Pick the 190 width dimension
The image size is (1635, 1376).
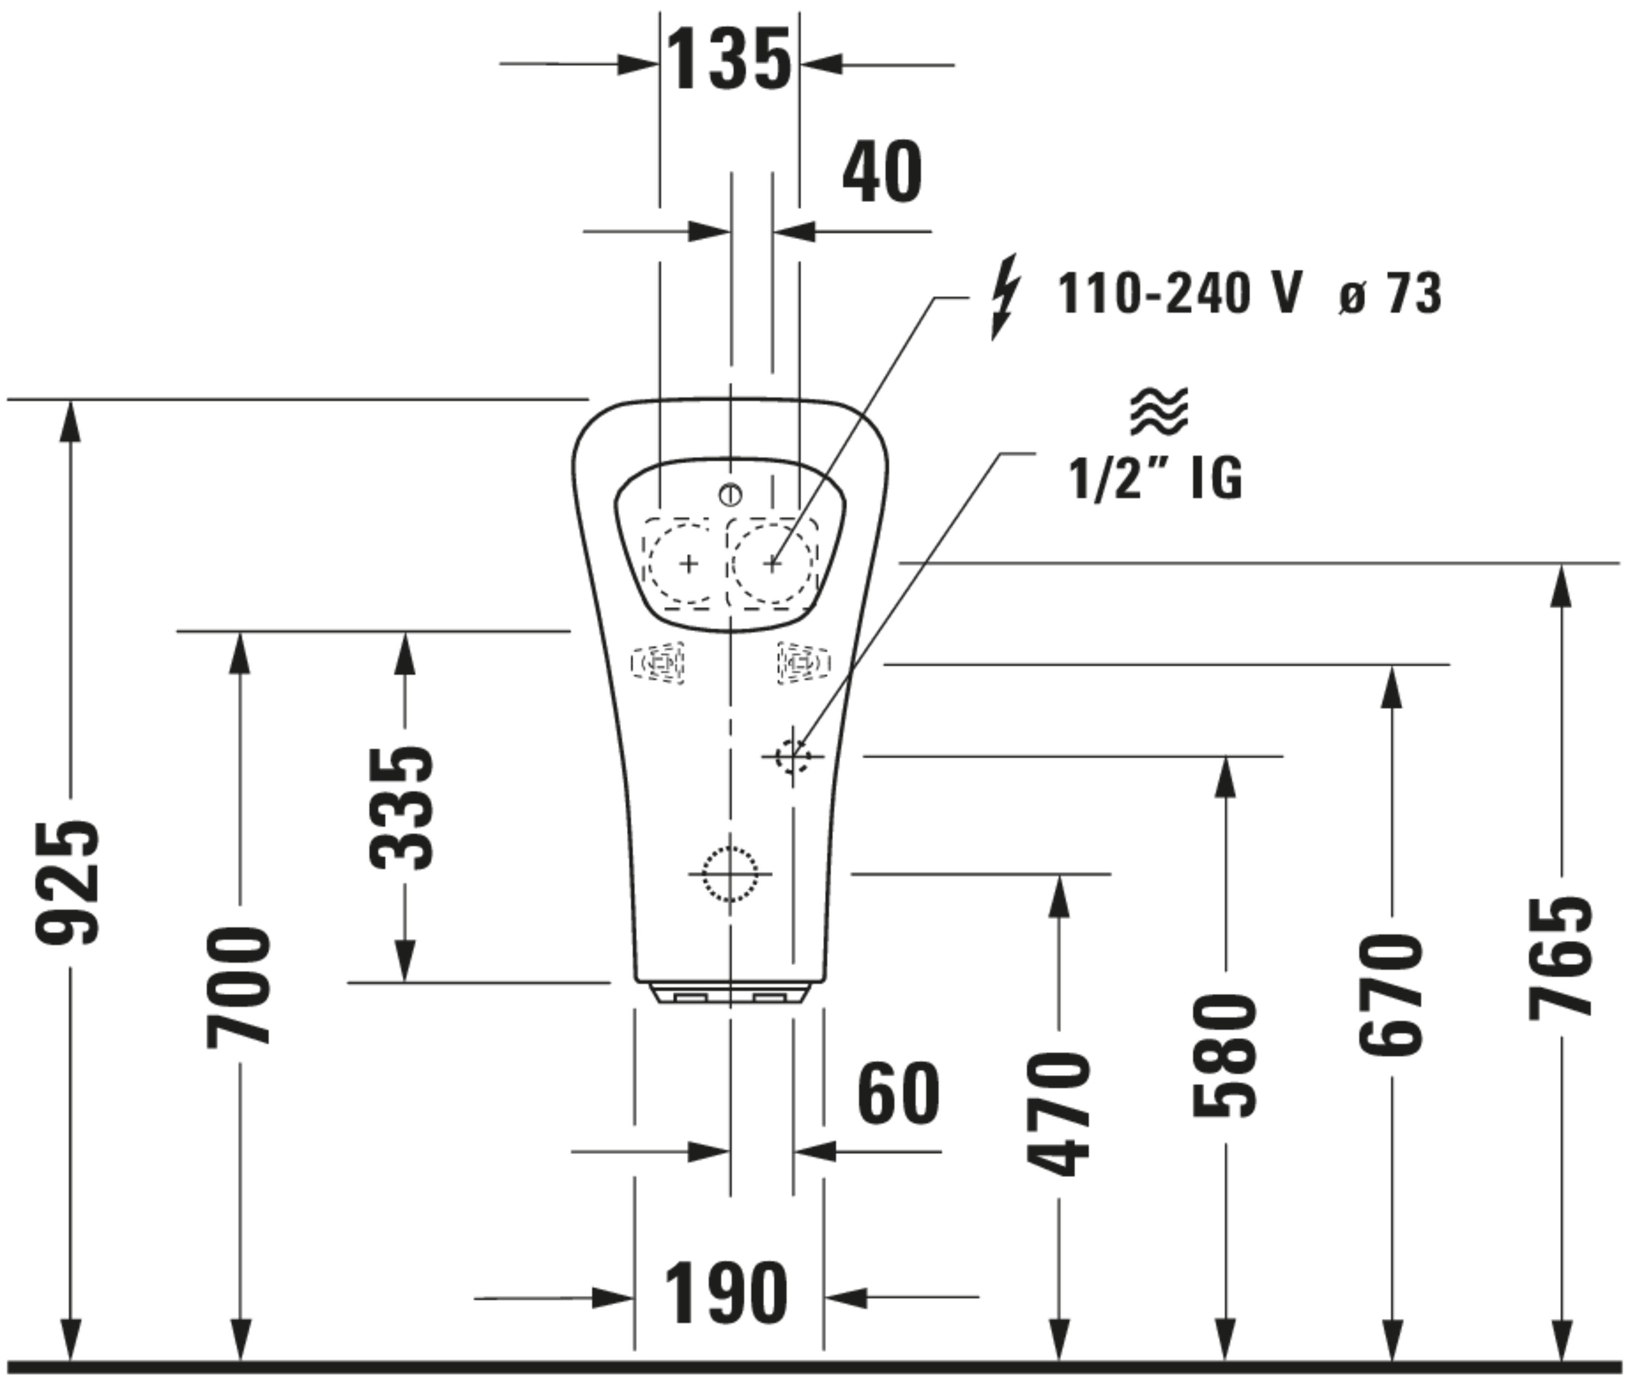point(726,1293)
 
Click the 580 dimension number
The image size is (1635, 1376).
point(1225,1055)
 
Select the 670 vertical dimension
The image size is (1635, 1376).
point(1391,995)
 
